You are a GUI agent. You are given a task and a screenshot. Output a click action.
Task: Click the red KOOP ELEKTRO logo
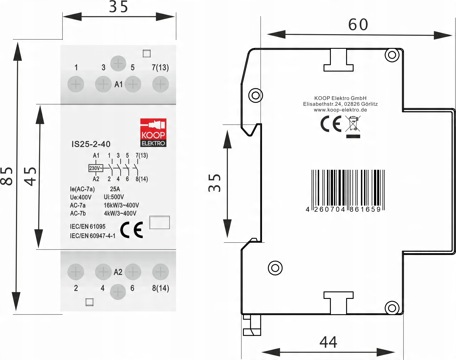[153, 132]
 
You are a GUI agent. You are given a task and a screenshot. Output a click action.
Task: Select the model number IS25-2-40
[91, 144]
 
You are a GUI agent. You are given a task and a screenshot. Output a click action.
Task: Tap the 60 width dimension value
[358, 25]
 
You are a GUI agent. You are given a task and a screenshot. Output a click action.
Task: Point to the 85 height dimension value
[7, 176]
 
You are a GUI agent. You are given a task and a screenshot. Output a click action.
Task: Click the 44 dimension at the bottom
[328, 342]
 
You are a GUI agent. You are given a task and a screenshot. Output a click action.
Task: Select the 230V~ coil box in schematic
[96, 168]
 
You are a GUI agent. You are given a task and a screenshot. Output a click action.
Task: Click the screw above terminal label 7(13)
[160, 84]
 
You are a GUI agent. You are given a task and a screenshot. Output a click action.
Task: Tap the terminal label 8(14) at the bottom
[160, 288]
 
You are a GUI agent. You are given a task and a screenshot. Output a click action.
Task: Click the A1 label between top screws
[118, 84]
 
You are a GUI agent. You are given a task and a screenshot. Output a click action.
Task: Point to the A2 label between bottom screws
[118, 272]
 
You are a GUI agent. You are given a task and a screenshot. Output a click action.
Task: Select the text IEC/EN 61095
[88, 227]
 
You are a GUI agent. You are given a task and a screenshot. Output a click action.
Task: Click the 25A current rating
[115, 189]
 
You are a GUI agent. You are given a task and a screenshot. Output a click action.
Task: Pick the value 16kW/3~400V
[121, 205]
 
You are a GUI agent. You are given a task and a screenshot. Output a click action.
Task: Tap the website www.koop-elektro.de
[340, 110]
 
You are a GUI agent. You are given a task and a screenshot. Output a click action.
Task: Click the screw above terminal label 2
[76, 272]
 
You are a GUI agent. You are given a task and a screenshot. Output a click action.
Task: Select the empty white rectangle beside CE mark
[159, 222]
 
